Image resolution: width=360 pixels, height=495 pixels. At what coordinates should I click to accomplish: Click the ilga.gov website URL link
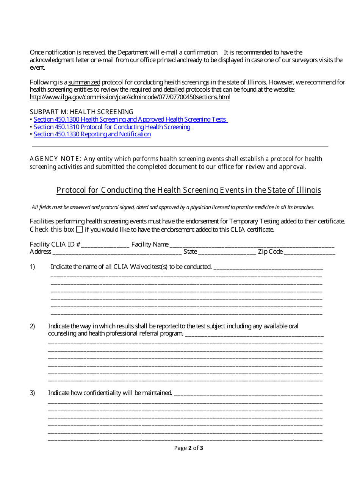[130, 97]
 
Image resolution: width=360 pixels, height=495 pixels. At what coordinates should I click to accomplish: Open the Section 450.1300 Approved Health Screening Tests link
[130, 120]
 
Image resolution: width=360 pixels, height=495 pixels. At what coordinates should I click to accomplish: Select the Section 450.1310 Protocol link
[112, 127]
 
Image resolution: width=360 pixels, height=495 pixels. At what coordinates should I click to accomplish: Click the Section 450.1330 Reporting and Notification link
[92, 134]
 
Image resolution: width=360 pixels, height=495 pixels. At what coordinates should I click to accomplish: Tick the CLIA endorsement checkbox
[79, 230]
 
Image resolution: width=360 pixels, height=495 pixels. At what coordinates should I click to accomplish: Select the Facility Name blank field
[252, 245]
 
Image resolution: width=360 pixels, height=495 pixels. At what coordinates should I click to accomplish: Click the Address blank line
[117, 252]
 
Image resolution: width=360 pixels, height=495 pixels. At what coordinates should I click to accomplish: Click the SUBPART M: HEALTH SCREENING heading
[81, 112]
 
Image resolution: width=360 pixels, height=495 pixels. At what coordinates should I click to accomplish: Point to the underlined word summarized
[84, 82]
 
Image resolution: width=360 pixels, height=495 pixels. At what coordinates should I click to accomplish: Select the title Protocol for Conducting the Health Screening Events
[189, 190]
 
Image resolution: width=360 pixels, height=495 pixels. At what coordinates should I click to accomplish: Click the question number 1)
[33, 267]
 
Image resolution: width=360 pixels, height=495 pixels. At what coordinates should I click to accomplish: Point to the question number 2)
[33, 326]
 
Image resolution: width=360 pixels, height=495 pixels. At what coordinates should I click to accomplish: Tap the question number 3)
[33, 393]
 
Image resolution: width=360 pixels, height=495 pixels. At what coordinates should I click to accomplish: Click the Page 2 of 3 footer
[188, 448]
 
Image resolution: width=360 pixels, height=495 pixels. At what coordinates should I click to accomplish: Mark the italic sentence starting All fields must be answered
[173, 208]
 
